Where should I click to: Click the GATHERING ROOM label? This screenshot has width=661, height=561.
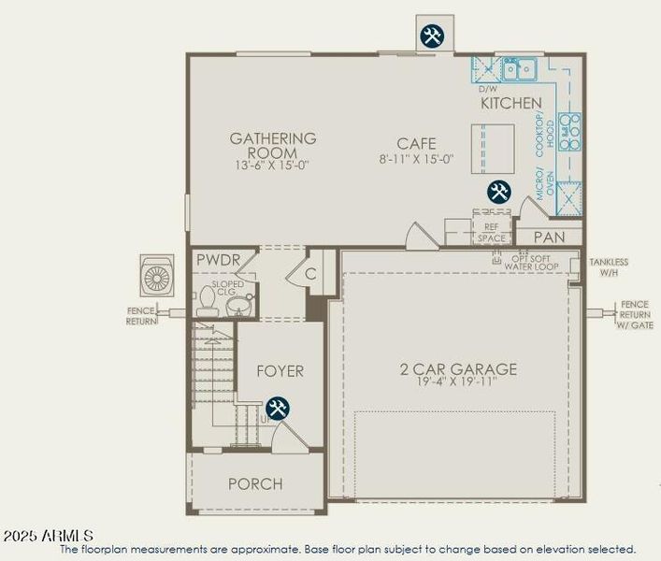(273, 145)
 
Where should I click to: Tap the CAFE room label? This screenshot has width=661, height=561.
(416, 144)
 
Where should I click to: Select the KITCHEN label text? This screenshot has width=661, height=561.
(511, 103)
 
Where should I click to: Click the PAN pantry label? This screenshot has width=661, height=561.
(549, 237)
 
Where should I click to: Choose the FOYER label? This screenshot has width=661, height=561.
(280, 371)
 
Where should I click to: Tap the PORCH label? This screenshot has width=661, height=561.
(255, 483)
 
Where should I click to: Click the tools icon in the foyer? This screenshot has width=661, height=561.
(278, 409)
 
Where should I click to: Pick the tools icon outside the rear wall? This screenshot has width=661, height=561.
(432, 36)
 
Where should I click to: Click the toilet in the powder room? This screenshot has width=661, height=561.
(208, 299)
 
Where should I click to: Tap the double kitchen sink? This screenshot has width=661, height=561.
(518, 67)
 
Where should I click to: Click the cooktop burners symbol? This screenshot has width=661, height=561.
(568, 131)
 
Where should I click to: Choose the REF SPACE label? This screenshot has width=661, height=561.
(491, 233)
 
